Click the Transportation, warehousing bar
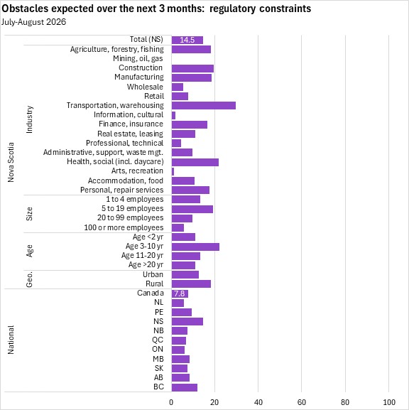point(204,105)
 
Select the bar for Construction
point(192,68)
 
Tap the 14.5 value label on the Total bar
point(187,40)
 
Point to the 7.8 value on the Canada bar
point(179,293)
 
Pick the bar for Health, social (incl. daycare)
point(195,162)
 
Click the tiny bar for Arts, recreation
point(173,171)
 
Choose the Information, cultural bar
point(173,115)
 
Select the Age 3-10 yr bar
point(195,247)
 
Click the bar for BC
point(185,387)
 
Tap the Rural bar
point(191,284)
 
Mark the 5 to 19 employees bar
point(192,209)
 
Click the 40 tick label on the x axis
point(258,402)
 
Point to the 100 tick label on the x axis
point(389,402)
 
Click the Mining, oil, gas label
point(138,58)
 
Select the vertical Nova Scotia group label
point(11,162)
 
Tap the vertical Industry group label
point(29,119)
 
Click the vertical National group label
point(11,340)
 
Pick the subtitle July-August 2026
point(33,22)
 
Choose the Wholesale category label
point(145,87)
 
